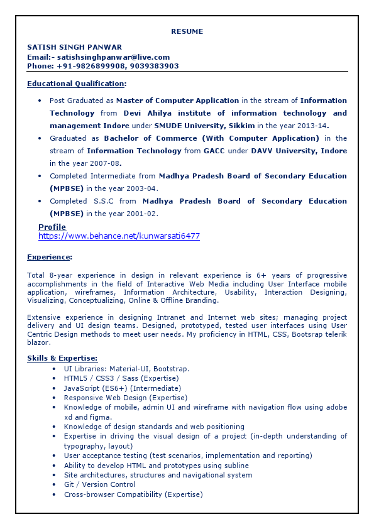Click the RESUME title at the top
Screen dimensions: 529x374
[187, 31]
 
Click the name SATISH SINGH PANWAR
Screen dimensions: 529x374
[74, 47]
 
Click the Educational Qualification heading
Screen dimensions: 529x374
[76, 84]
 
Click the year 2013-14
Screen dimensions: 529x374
[330, 126]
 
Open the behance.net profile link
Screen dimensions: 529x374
[119, 236]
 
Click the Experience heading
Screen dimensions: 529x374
[49, 257]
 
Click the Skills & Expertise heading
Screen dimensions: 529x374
[62, 358]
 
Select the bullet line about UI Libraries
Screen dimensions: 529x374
[126, 369]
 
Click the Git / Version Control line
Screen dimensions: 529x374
[99, 484]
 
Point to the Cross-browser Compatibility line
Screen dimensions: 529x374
[133, 494]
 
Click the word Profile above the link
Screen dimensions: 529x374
[52, 227]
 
